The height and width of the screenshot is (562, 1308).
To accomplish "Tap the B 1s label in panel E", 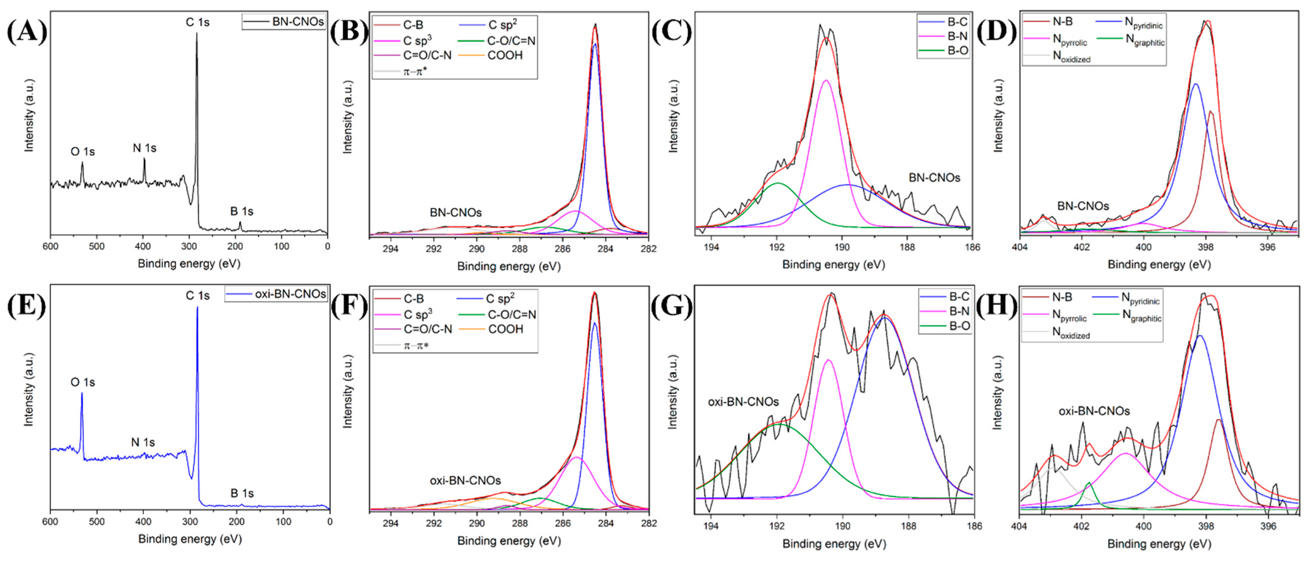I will pos(242,493).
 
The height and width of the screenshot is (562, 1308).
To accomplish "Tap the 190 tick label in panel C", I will pos(842,247).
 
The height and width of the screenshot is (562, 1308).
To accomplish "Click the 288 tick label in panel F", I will pos(519,523).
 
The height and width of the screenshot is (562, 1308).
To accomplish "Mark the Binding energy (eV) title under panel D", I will pos(1159,264).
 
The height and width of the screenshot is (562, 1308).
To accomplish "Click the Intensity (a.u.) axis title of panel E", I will pos(29,389).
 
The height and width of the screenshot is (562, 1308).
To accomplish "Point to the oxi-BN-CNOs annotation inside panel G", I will pos(743,402).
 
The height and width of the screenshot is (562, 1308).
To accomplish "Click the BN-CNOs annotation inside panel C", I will pos(934,178).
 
